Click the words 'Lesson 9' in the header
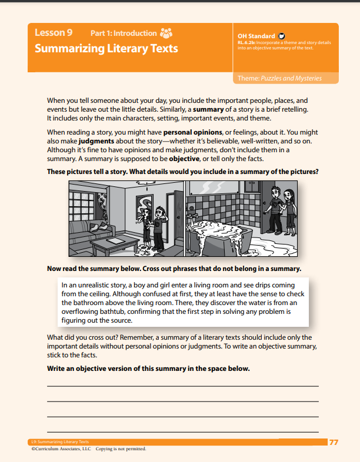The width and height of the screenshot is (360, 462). pos(54,33)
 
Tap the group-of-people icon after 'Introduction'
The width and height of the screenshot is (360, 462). pos(166,33)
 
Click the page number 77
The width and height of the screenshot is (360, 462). pos(334,442)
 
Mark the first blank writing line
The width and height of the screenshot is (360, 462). pos(182,386)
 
